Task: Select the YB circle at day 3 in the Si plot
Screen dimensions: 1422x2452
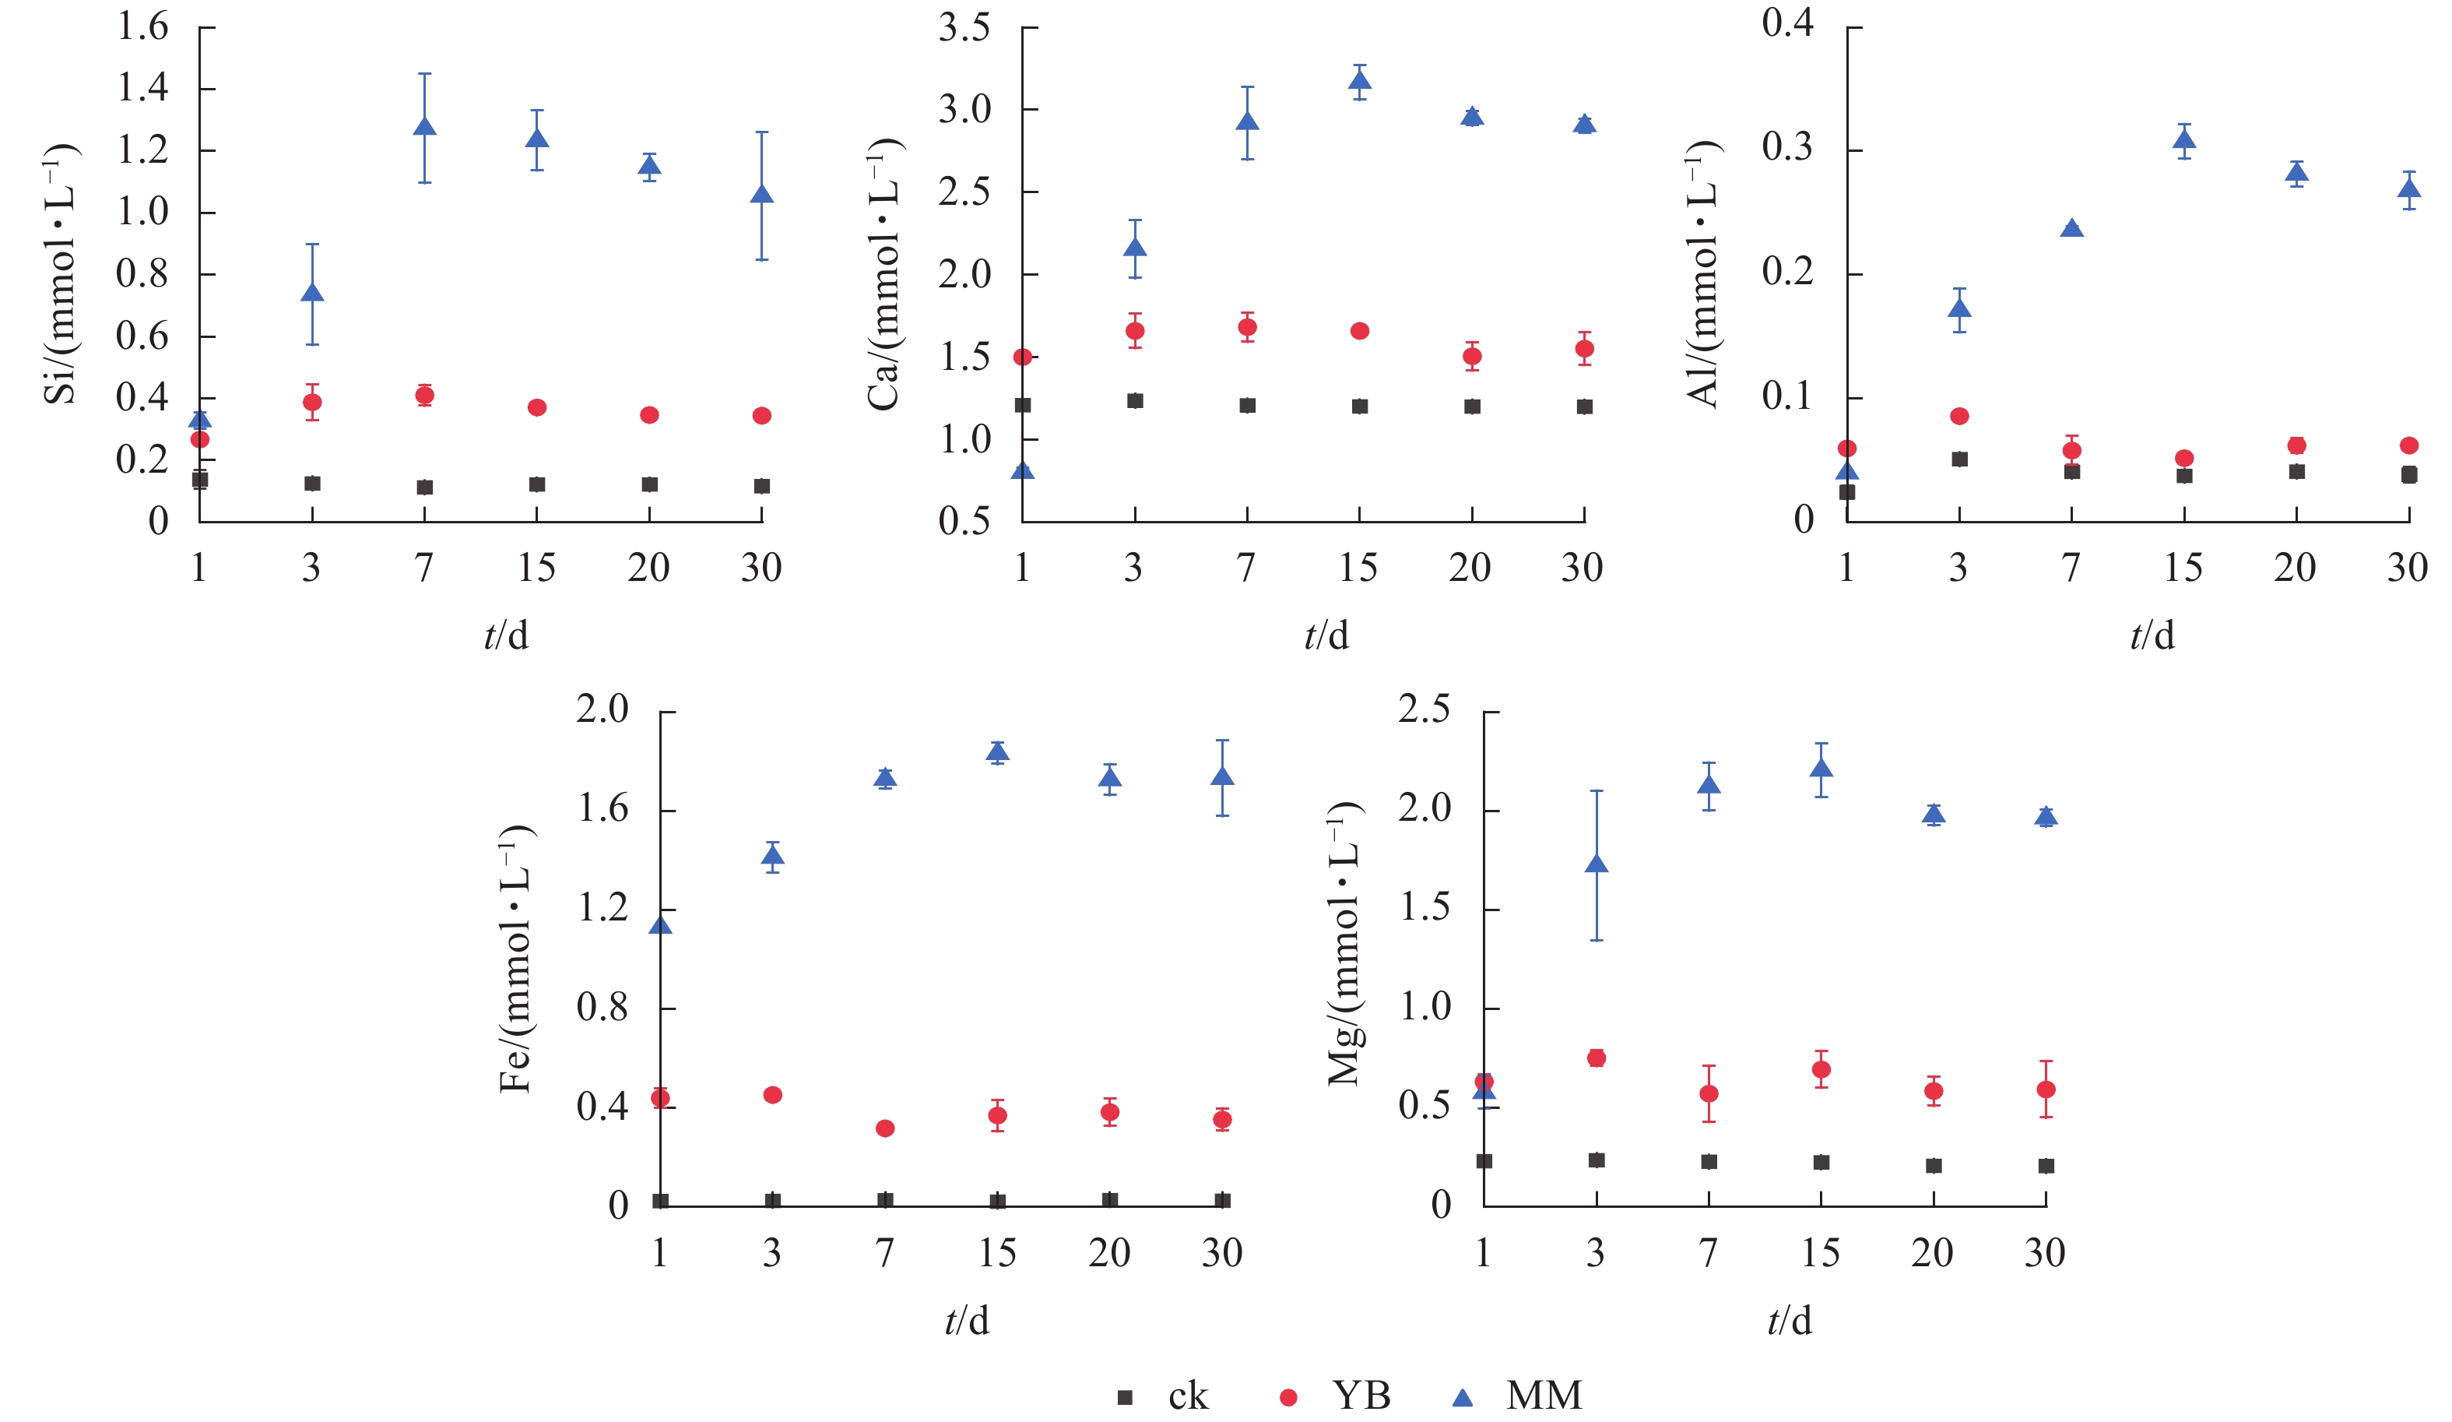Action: (x=312, y=402)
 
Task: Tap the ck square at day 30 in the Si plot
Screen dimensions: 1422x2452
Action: (x=762, y=486)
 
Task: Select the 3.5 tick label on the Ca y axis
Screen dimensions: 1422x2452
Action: (x=964, y=28)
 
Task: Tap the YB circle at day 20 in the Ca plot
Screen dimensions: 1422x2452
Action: (x=1472, y=356)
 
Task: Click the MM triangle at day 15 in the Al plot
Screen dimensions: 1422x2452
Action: (x=2184, y=140)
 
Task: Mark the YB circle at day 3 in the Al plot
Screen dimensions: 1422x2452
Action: (x=1960, y=417)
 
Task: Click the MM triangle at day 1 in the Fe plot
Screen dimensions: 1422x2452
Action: (x=661, y=924)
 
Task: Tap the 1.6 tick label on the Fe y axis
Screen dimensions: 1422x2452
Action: (x=603, y=809)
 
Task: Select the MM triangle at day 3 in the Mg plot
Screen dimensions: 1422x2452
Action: (x=1597, y=864)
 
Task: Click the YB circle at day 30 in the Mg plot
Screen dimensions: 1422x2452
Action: (x=2046, y=1089)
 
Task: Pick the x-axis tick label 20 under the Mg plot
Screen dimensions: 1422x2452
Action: (x=1932, y=1253)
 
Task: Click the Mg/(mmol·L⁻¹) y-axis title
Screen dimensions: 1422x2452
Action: (x=1345, y=943)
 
